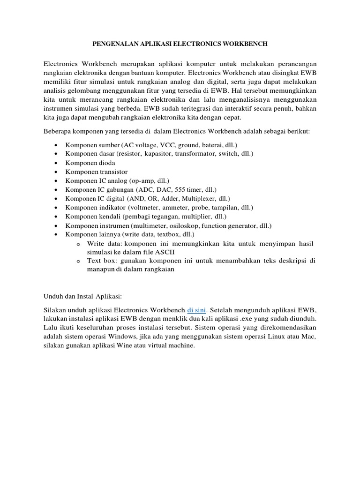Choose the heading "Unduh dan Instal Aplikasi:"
82,296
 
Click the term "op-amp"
145,180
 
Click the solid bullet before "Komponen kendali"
56,217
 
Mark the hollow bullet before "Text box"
78,262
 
